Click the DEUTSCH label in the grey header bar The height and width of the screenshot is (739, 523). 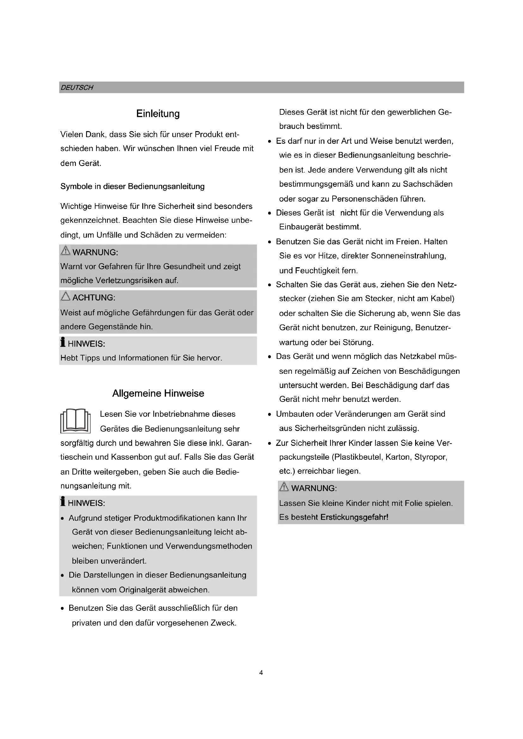click(x=77, y=88)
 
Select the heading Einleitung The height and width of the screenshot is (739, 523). click(x=158, y=114)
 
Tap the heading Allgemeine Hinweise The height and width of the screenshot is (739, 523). click(x=158, y=393)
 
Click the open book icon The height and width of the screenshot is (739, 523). click(x=75, y=421)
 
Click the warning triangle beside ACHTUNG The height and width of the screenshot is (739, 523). click(x=65, y=296)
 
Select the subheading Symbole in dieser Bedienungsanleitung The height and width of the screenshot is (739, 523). click(x=132, y=187)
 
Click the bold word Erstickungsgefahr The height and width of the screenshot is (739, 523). click(x=354, y=517)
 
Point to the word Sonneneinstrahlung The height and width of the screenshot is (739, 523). click(x=408, y=256)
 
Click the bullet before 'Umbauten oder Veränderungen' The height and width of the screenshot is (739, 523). click(x=270, y=415)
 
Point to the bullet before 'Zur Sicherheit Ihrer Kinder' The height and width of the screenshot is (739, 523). click(x=270, y=444)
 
